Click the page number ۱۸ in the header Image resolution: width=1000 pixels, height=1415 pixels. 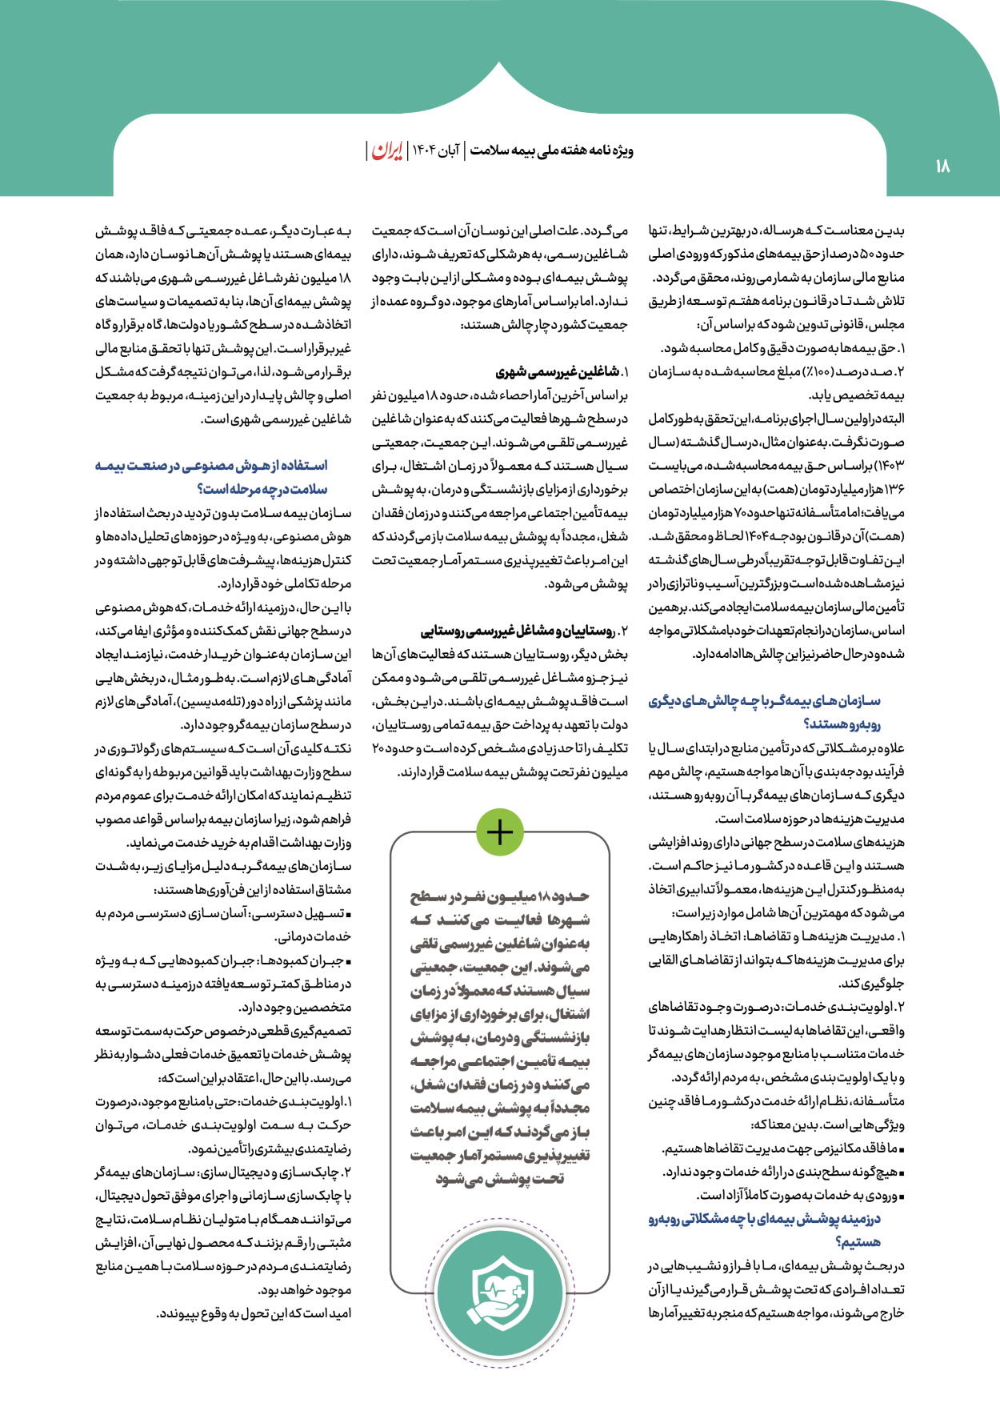tap(942, 166)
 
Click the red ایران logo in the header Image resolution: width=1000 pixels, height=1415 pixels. tap(387, 150)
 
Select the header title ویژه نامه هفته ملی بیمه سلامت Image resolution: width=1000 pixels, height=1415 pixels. tap(552, 150)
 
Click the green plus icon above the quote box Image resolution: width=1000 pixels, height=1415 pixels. tap(499, 832)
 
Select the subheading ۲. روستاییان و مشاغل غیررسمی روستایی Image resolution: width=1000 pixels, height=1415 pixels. tap(524, 631)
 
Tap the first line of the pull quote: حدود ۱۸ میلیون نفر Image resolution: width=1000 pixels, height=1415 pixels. tap(500, 896)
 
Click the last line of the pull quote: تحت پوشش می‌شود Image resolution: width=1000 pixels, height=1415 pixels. tap(500, 1179)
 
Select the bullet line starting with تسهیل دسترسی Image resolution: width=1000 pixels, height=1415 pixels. tap(224, 913)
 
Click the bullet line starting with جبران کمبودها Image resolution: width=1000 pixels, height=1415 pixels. tap(224, 960)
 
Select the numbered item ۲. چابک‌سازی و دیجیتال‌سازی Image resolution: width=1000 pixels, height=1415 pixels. tap(224, 1172)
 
